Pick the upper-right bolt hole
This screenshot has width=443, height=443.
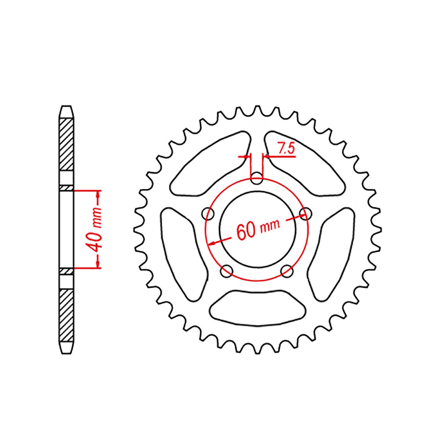(x=305, y=213)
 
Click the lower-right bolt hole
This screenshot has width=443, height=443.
(x=287, y=270)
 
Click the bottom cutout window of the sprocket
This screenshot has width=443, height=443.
(x=257, y=308)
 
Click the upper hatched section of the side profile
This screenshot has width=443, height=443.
(x=67, y=144)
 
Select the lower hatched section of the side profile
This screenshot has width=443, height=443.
(x=67, y=316)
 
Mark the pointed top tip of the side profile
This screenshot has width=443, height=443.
(x=66, y=107)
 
